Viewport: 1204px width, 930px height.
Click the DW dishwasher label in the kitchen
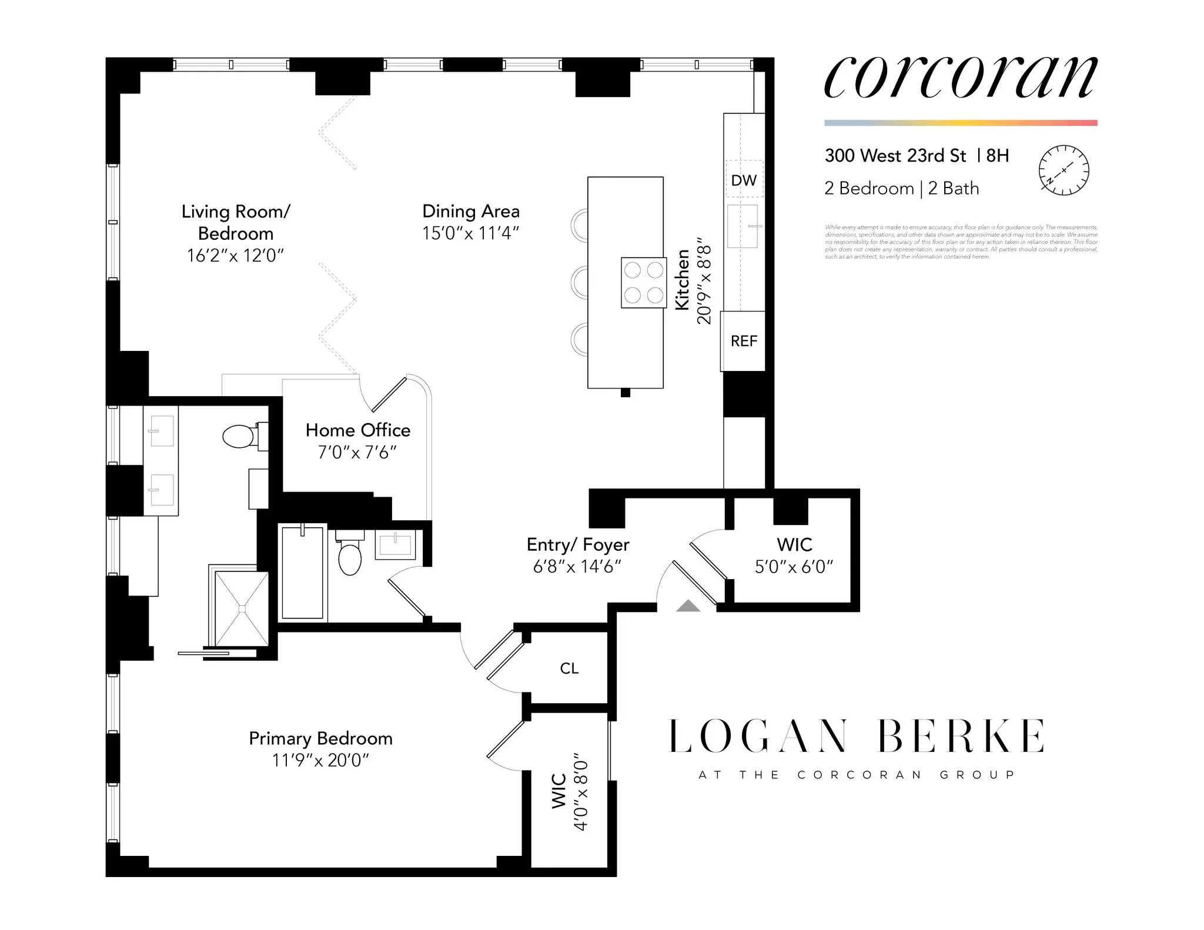point(744,180)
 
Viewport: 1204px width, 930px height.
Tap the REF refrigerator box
point(743,341)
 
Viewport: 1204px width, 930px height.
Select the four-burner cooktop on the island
point(644,283)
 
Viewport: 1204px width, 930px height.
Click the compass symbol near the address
point(1063,170)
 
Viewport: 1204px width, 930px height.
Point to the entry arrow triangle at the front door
point(688,606)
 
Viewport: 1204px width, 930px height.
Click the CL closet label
point(569,668)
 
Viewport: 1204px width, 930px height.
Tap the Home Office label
point(357,430)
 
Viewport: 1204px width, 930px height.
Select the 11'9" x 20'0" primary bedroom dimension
point(320,760)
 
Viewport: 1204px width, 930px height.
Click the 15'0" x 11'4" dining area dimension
point(470,233)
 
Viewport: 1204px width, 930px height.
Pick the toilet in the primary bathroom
point(239,436)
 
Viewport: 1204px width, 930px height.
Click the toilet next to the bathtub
point(350,557)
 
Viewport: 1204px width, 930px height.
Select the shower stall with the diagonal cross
point(242,609)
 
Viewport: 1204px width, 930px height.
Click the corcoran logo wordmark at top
point(960,78)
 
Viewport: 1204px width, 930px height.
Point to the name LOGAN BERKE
point(857,737)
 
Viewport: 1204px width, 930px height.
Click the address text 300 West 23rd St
point(895,156)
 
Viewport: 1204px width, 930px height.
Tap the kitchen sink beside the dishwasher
point(743,226)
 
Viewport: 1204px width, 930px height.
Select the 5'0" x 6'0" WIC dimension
point(794,567)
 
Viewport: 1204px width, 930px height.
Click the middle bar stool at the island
point(580,283)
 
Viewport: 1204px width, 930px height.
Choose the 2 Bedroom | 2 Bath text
point(901,189)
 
